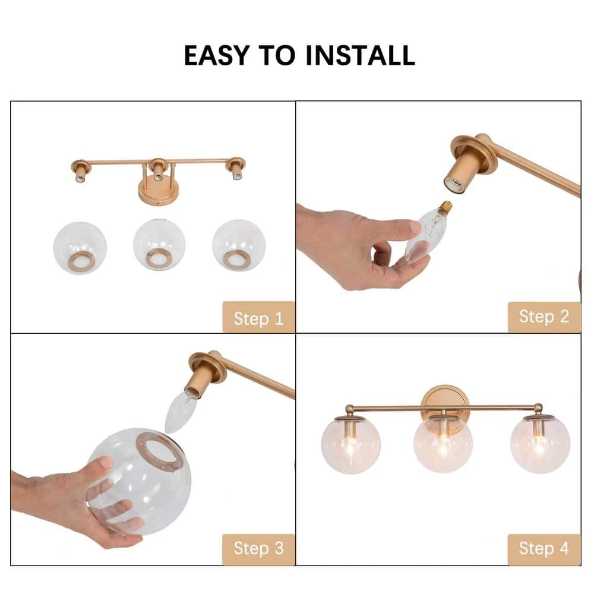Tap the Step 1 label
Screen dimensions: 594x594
[x=258, y=318]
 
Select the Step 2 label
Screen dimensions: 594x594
[x=544, y=317]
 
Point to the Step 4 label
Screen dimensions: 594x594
[x=544, y=548]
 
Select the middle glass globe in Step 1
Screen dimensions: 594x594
[x=159, y=245]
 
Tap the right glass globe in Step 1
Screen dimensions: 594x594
[x=238, y=245]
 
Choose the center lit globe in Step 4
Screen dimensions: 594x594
[x=443, y=445]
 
